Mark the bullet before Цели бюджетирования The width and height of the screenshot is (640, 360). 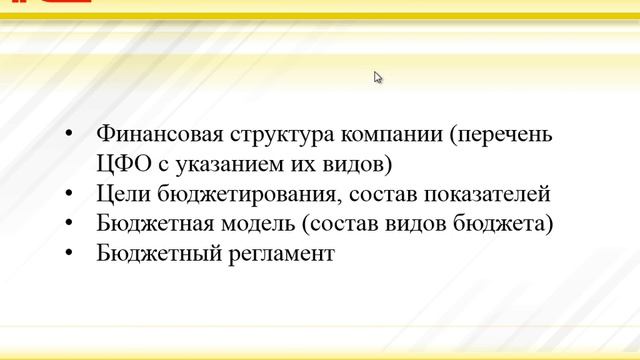pos(68,195)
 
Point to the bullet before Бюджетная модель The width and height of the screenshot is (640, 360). pos(68,224)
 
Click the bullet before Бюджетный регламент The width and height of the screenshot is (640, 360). pos(68,254)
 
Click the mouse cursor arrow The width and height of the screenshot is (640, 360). pos(378,77)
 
